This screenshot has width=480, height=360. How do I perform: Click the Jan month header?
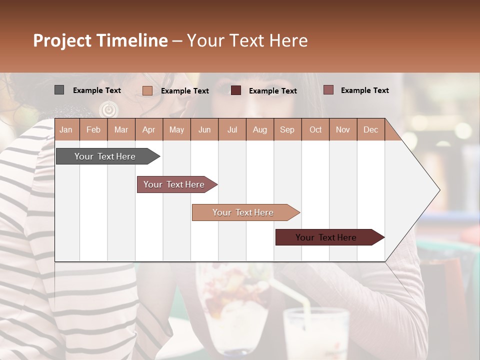tap(66, 129)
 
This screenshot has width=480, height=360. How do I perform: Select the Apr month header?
tap(148, 129)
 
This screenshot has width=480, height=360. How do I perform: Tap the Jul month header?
tap(232, 129)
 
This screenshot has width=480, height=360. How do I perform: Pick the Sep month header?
tap(287, 129)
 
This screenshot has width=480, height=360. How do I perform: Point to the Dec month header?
tap(370, 129)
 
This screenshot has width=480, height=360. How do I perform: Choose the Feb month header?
tap(93, 129)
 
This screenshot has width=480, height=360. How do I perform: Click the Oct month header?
tap(315, 129)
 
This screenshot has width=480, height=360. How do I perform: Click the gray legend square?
tap(59, 90)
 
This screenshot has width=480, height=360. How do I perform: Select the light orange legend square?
tap(147, 90)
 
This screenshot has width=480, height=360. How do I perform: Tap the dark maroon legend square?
tap(236, 90)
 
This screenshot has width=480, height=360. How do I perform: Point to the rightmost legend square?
tap(328, 90)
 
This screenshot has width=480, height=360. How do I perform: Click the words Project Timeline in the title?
tap(100, 40)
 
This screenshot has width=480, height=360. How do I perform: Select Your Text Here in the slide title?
tap(247, 40)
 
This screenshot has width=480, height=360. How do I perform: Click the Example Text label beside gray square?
tap(97, 90)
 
